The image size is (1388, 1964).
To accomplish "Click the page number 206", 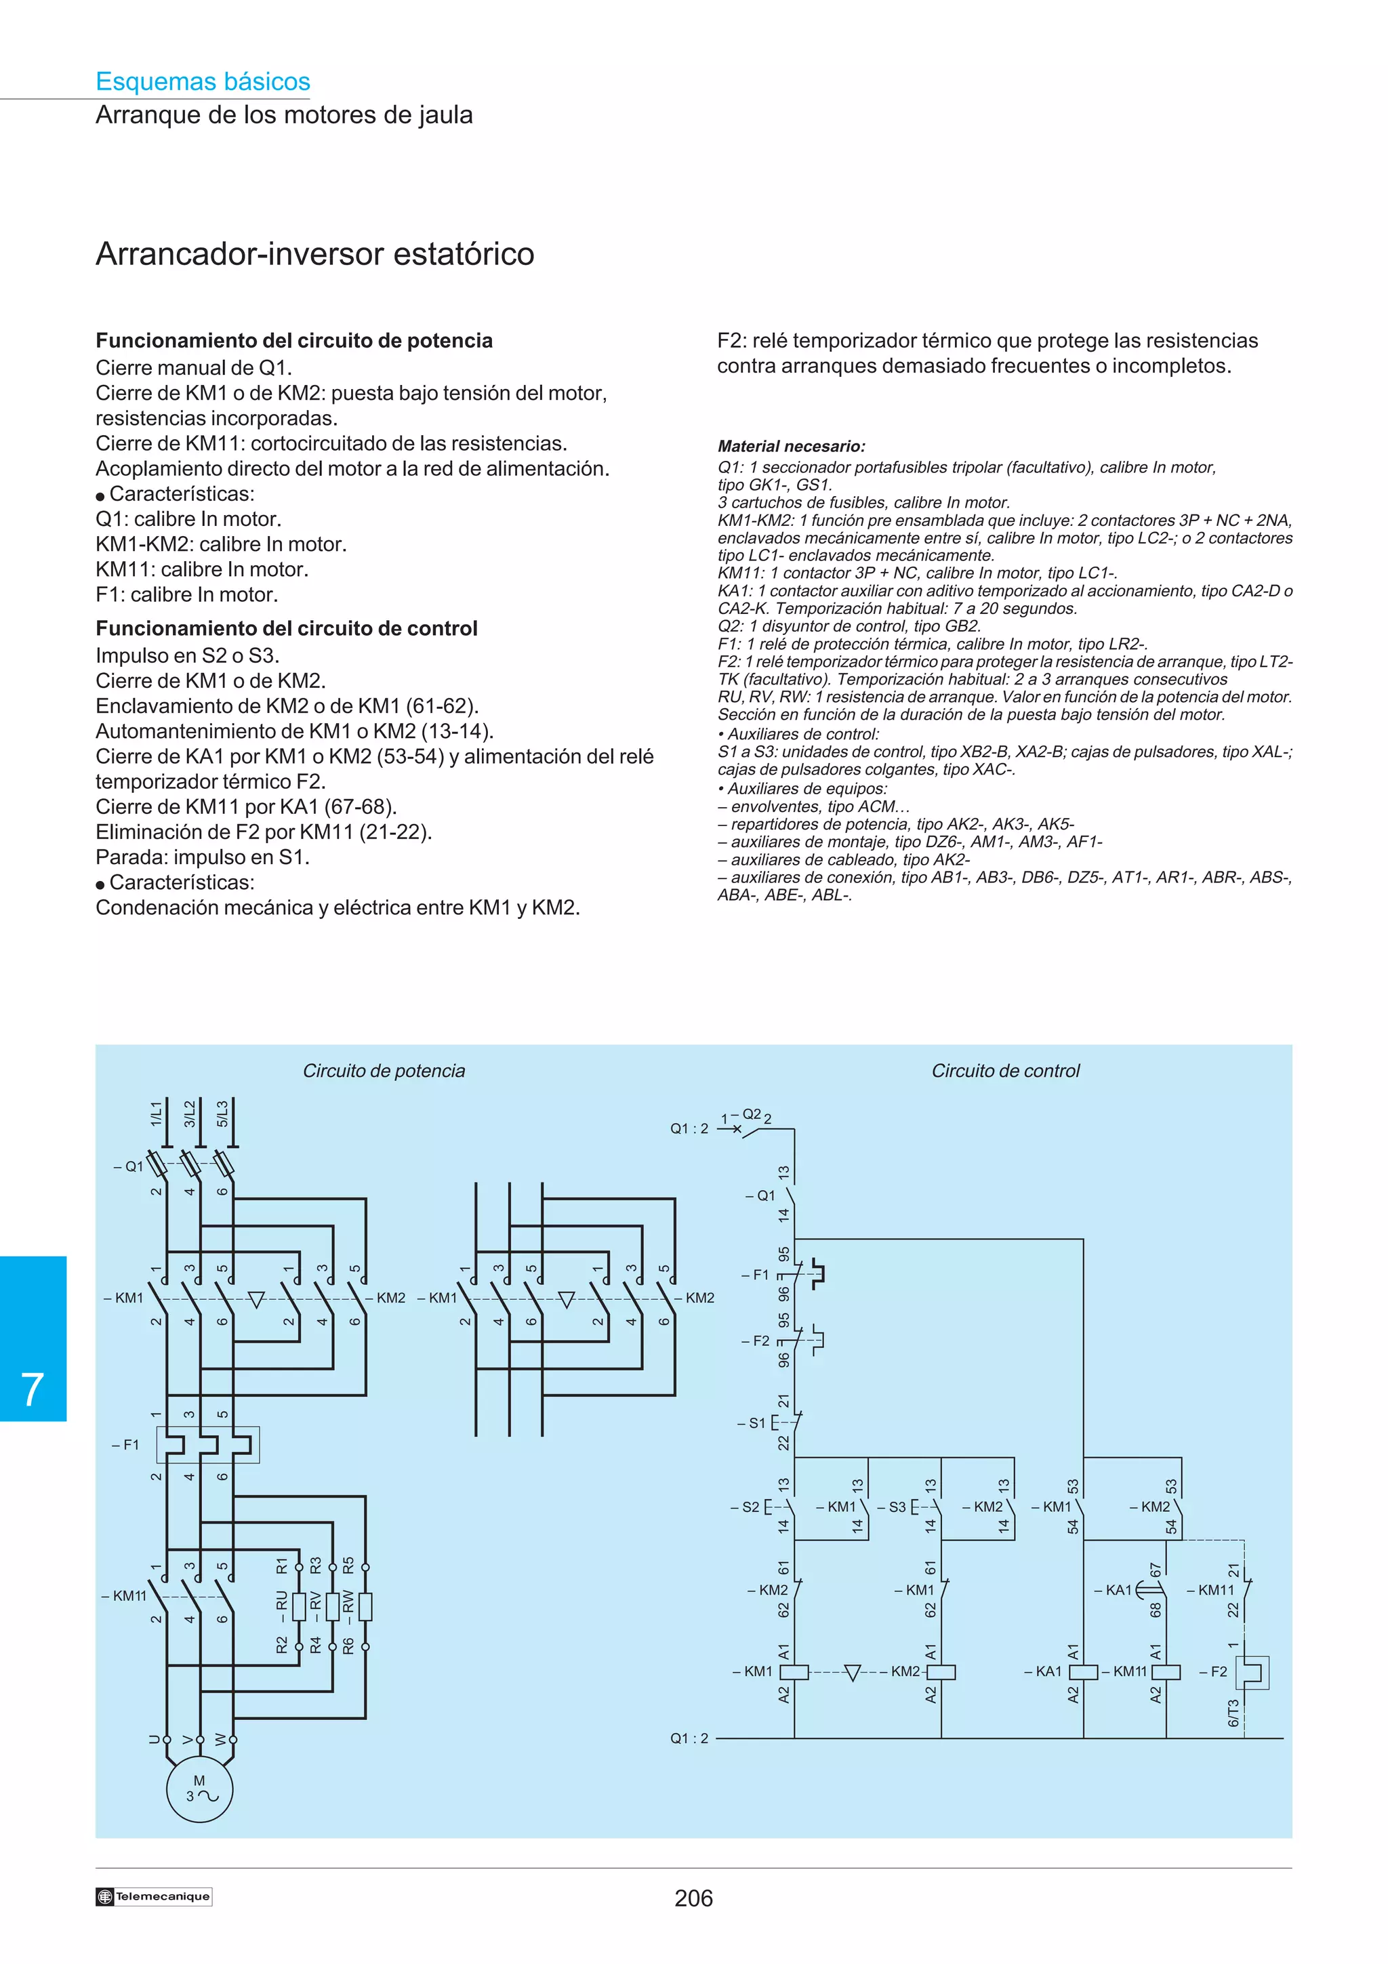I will click(x=693, y=1898).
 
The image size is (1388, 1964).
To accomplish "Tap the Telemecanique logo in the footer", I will click(x=154, y=1896).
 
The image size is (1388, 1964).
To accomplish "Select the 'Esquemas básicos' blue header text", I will click(x=203, y=81).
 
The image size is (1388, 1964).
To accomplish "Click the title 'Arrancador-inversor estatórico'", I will click(x=314, y=254).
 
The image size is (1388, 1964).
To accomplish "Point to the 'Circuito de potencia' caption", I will click(x=384, y=1071).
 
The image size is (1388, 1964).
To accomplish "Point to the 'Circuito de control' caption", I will click(x=1005, y=1071).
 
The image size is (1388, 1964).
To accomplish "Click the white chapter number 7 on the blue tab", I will click(x=33, y=1390).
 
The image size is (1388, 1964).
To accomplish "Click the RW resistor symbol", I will click(x=365, y=1606).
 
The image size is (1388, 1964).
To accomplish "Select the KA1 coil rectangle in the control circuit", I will click(x=1084, y=1671).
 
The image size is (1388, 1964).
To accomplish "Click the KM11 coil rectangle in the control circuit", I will click(x=1166, y=1671).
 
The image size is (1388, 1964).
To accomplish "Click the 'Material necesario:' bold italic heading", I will click(x=791, y=446).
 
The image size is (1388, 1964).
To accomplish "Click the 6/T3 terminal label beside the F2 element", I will click(x=1233, y=1713).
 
